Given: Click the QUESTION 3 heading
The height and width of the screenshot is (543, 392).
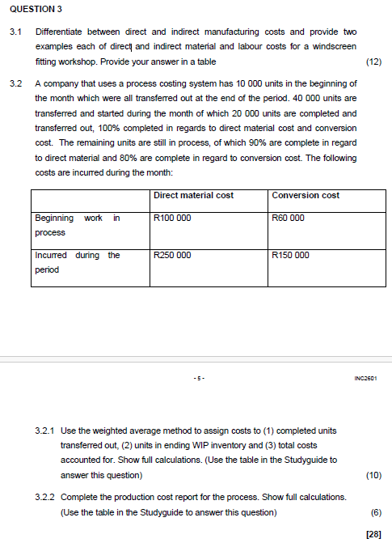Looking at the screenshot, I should coord(35,9).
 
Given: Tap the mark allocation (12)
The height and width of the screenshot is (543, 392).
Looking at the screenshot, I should coord(373,62).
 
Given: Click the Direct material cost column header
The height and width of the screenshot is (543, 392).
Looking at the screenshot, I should coord(193,195).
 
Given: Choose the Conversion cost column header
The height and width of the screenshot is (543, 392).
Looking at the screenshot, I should coord(306,195).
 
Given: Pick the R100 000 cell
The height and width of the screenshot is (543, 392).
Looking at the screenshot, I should coord(172,218).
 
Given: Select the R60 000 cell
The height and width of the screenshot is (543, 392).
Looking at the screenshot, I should coord(289,218).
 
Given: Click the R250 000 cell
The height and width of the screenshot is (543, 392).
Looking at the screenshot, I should coord(172,255).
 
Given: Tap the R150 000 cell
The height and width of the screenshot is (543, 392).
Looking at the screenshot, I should coord(291,255).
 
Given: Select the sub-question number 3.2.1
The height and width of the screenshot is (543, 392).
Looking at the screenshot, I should coord(45,431).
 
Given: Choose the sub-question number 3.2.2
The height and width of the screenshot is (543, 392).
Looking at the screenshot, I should coord(45,497).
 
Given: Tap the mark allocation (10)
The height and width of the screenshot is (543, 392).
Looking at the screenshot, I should coord(373,475).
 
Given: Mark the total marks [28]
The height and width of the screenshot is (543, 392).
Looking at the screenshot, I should coord(373,533).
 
